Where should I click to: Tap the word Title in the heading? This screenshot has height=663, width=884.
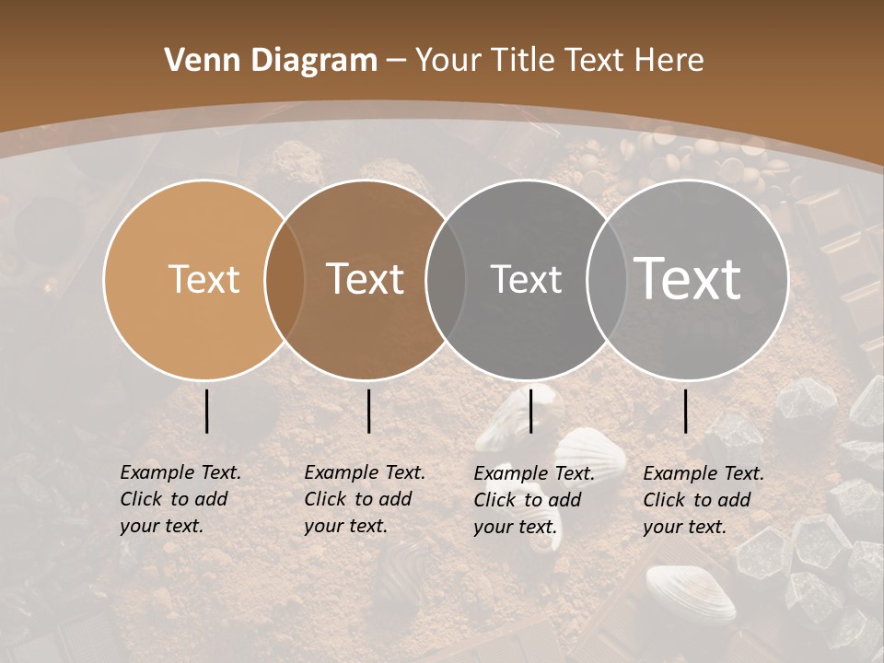(521, 61)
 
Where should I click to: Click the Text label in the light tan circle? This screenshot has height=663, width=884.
(204, 279)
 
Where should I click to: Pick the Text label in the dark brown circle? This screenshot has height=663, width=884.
(366, 279)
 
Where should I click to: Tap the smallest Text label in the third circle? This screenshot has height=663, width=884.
(526, 279)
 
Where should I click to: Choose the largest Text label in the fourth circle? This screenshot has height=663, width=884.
(688, 279)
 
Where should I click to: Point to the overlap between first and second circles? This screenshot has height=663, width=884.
(285, 279)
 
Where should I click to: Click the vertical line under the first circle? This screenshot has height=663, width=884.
(207, 411)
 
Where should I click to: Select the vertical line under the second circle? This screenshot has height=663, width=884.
(368, 411)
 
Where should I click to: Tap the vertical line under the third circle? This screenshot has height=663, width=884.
(530, 411)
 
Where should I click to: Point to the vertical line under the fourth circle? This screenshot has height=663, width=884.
(686, 411)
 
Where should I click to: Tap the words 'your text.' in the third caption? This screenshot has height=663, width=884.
(516, 528)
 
